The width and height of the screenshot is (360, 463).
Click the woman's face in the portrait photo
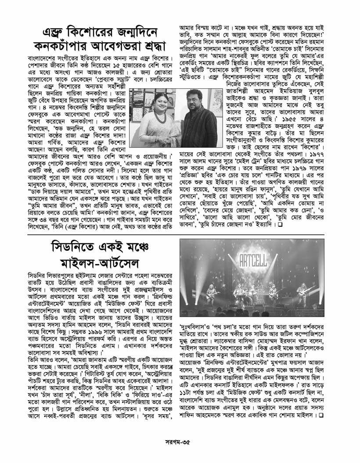coord(158,101)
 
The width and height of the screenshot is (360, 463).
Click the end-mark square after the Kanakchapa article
coord(279,225)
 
